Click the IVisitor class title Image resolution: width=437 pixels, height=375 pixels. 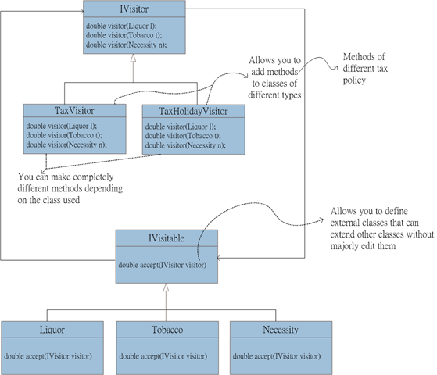tap(134, 9)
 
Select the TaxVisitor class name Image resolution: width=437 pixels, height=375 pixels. tap(74, 111)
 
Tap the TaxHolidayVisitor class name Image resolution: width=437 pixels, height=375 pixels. tap(193, 112)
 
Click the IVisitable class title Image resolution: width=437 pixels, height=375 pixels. tap(167, 238)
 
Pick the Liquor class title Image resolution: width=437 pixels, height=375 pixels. tap(52, 330)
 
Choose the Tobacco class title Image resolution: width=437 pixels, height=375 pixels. tap(167, 330)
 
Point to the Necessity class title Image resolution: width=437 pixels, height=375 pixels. tap(281, 330)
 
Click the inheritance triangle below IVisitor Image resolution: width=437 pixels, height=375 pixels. tap(133, 58)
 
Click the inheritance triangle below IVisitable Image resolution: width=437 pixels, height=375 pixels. tap(166, 287)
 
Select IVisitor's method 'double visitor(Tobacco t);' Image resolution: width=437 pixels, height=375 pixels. tap(124, 35)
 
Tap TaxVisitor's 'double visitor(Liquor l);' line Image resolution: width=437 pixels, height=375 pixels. tap(62, 126)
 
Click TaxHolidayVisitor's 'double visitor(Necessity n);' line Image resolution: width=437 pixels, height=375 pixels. tap(185, 145)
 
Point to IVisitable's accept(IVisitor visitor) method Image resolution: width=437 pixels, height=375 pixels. tap(163, 265)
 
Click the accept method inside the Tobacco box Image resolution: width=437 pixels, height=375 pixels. tap(163, 356)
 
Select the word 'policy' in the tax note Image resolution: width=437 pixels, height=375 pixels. tap(354, 80)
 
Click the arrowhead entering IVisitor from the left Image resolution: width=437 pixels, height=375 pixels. tap(82, 11)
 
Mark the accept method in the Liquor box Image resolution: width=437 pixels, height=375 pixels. tap(48, 356)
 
